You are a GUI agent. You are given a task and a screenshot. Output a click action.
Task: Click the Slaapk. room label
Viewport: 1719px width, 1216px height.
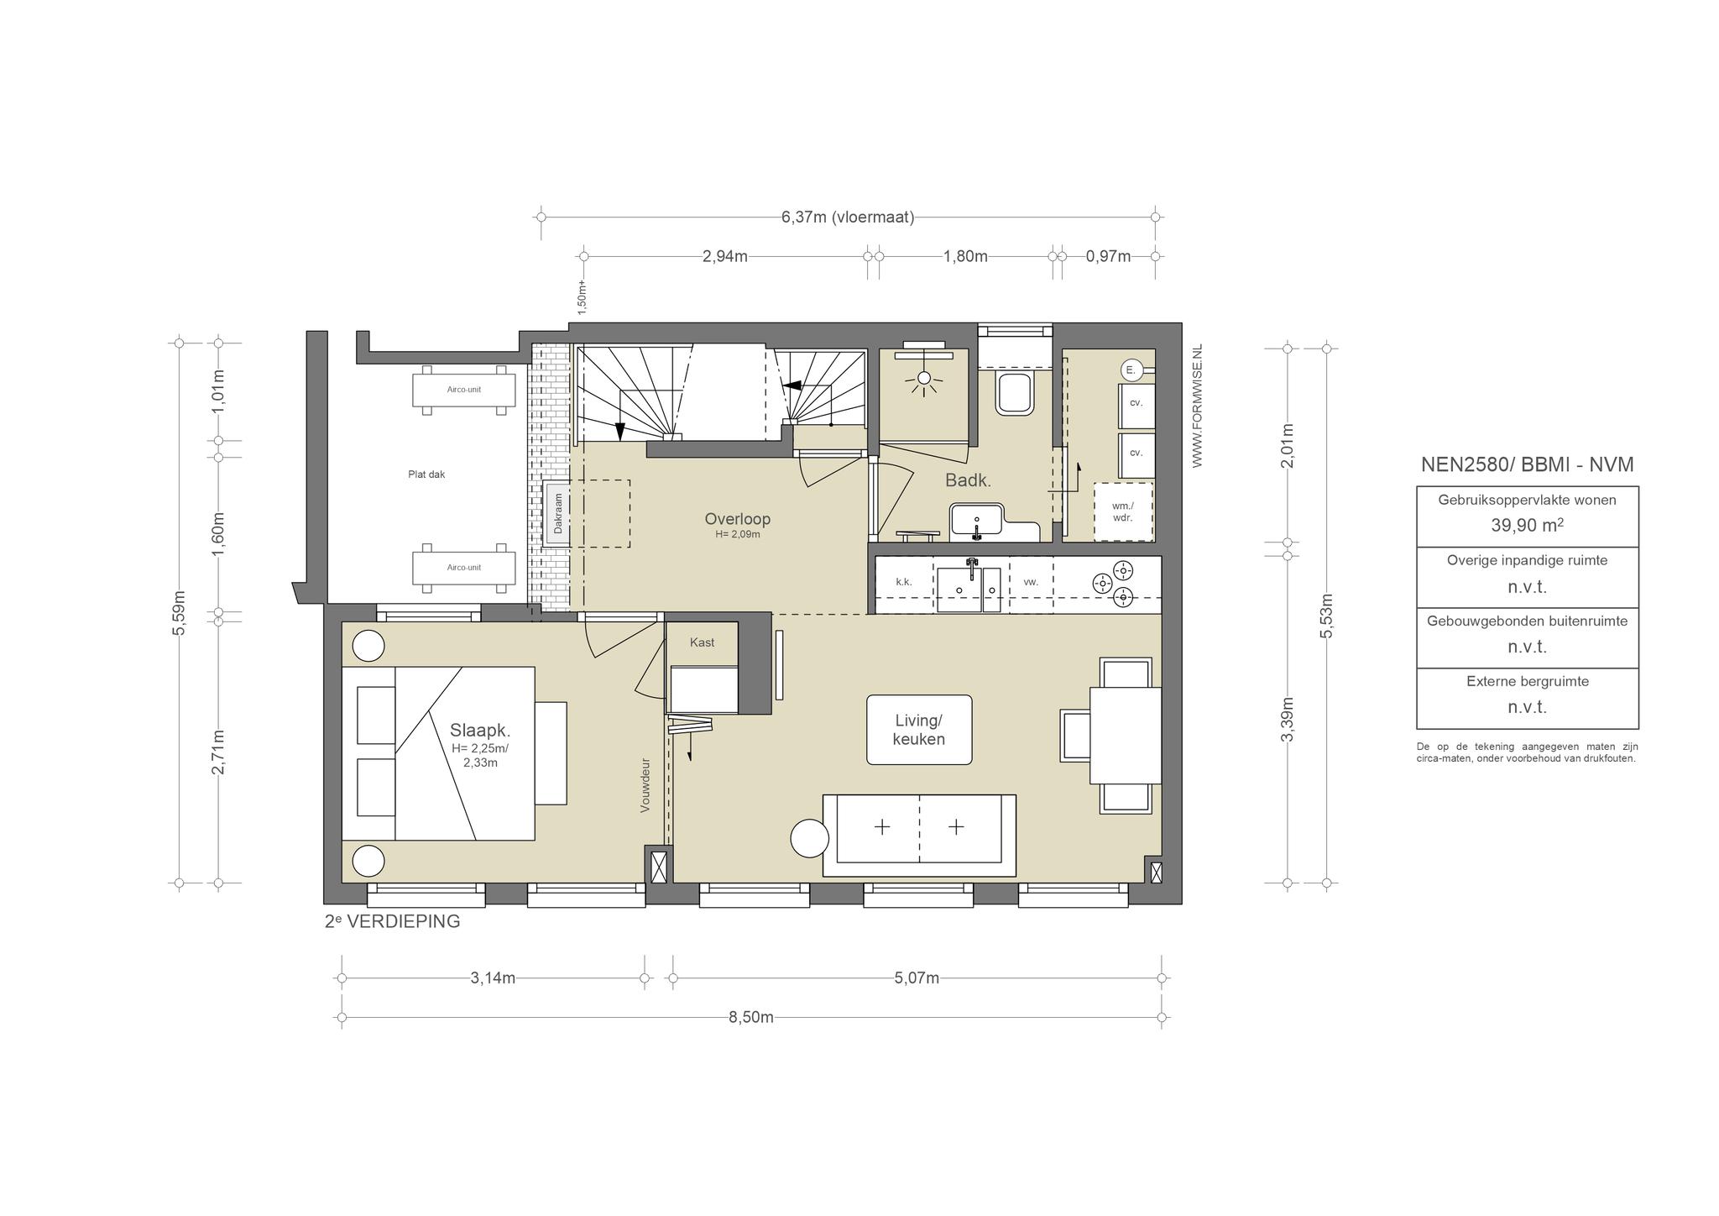tap(480, 729)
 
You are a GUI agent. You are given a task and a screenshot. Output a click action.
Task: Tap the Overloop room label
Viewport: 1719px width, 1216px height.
tap(738, 519)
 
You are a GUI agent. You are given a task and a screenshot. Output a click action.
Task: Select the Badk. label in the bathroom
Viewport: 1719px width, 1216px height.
tap(969, 481)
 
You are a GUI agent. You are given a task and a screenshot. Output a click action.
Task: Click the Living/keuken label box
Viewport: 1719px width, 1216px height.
tap(919, 730)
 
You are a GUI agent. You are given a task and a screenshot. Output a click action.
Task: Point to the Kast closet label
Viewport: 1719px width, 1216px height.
tap(703, 642)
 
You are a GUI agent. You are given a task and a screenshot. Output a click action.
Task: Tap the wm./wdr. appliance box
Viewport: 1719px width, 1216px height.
tap(1123, 511)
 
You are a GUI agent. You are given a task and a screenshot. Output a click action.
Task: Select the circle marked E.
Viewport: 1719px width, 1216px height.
tap(1131, 370)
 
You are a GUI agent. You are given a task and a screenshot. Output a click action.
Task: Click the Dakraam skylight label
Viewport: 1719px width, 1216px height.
tap(558, 514)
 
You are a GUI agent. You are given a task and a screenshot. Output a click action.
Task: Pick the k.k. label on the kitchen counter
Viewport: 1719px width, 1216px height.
tap(904, 581)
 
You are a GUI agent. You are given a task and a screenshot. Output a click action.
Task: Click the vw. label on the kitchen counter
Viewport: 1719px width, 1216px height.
tap(1032, 581)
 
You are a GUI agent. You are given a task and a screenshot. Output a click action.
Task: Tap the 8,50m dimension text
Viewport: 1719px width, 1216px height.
tap(751, 1017)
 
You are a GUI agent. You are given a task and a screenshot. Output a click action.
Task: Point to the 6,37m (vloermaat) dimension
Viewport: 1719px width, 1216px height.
tap(848, 218)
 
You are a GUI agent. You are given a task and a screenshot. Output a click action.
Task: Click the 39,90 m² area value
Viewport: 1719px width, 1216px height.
tap(1528, 525)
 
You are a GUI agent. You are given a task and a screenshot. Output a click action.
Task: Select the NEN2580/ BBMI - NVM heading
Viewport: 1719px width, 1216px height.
tap(1528, 464)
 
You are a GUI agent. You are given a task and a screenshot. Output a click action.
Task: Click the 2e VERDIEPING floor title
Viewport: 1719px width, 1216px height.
tap(393, 921)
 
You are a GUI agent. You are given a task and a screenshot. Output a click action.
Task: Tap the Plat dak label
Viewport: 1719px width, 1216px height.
tap(426, 474)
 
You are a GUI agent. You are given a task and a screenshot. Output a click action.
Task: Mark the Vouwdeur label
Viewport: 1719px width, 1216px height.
tap(645, 785)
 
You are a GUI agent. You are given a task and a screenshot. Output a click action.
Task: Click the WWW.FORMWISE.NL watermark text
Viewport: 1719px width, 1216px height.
tap(1197, 406)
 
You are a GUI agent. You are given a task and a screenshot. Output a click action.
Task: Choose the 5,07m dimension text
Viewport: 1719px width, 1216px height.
tap(917, 978)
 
